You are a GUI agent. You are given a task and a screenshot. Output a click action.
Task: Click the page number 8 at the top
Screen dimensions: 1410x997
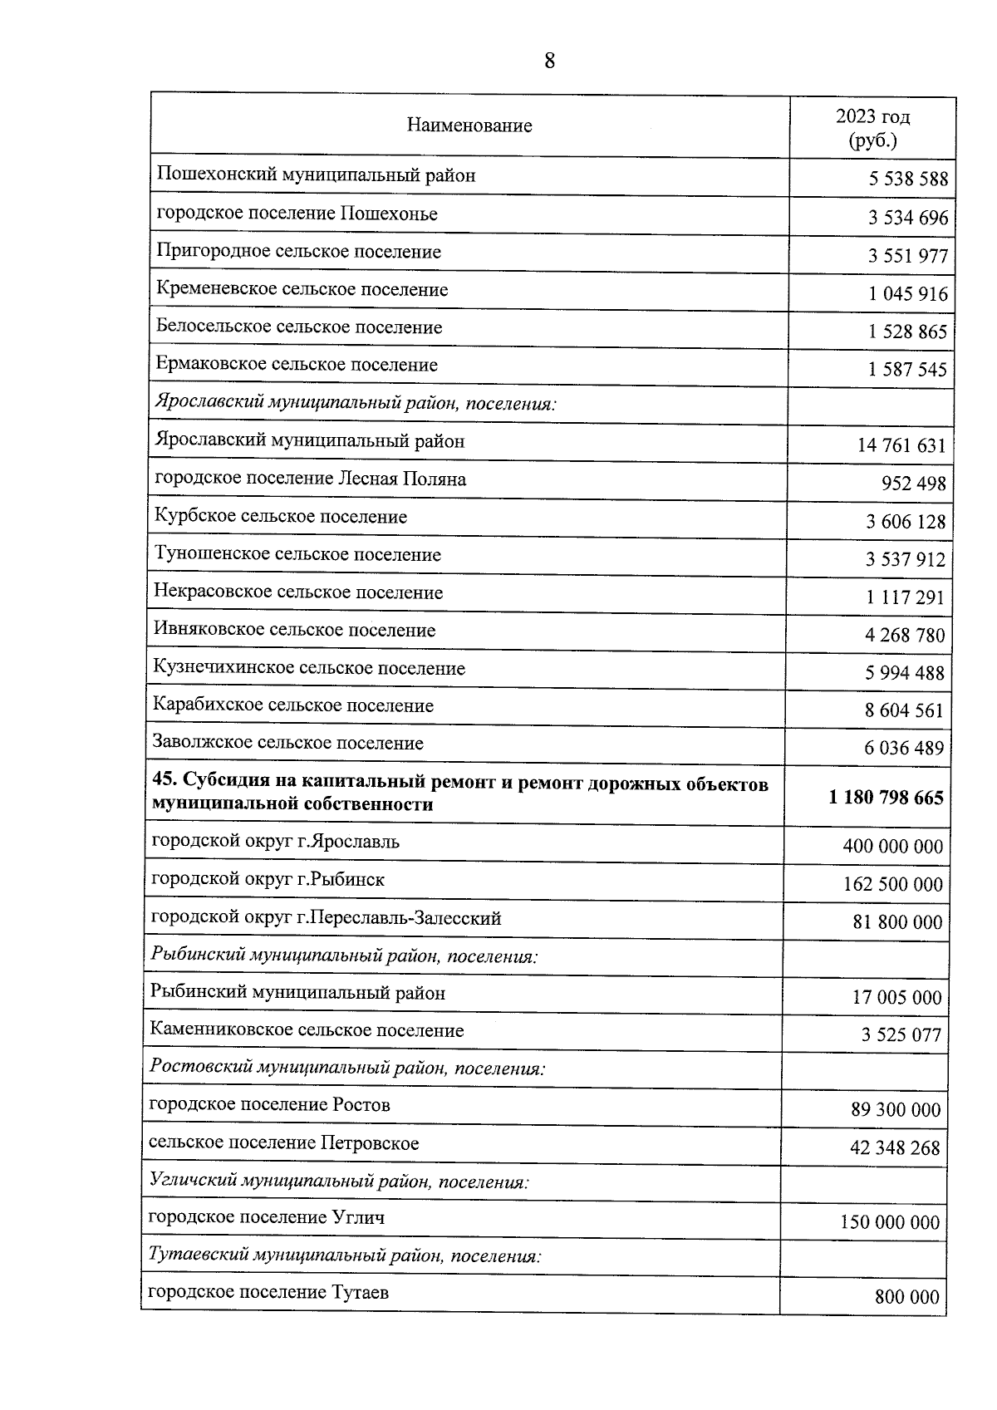[548, 61]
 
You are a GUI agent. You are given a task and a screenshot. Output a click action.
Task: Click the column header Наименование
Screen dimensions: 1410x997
[469, 126]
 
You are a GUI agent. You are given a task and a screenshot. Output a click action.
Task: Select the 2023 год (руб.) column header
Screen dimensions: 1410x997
[872, 128]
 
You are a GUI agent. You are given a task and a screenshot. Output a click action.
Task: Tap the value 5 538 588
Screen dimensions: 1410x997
[908, 179]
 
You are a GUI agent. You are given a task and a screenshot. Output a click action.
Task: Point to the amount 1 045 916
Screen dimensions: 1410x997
[908, 294]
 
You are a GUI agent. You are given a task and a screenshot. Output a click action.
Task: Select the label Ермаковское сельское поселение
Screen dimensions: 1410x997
[297, 365]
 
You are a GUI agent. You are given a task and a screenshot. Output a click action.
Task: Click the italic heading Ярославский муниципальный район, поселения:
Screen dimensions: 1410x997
[355, 404]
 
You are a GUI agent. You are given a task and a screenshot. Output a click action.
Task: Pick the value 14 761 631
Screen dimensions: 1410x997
[901, 445]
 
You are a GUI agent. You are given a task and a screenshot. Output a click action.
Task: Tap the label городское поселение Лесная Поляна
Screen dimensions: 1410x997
[311, 479]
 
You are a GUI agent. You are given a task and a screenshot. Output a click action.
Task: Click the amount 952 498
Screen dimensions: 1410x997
[914, 484]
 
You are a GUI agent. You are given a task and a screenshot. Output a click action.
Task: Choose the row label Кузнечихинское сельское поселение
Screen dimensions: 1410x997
[309, 668]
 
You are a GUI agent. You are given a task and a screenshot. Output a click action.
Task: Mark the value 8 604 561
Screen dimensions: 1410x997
[904, 710]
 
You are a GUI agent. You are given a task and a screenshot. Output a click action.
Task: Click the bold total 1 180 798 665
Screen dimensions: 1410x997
[886, 798]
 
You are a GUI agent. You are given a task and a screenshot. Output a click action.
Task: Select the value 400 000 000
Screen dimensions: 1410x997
[893, 847]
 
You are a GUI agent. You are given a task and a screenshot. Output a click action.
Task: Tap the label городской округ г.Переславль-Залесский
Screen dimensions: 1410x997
[326, 918]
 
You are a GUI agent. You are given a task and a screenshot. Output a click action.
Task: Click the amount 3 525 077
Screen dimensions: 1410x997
[901, 1035]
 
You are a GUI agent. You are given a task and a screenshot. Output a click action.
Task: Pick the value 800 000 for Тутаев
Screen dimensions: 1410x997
[906, 1297]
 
